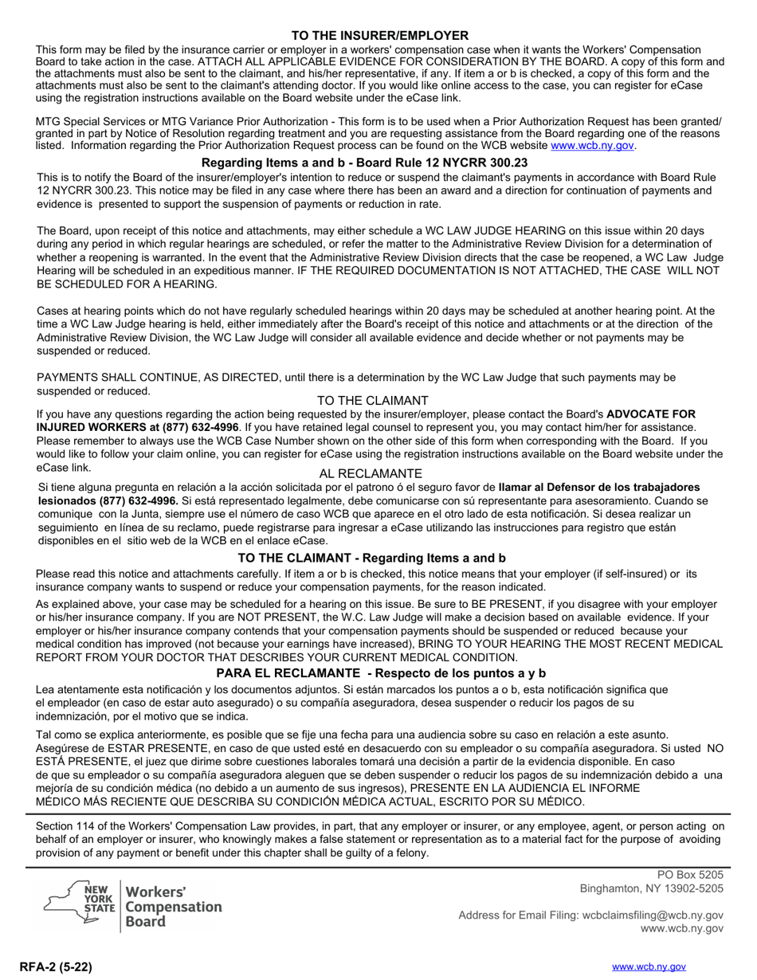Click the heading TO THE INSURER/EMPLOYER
(379, 36)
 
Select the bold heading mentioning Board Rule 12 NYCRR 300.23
(364, 163)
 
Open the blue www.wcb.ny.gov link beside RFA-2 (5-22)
(648, 966)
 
